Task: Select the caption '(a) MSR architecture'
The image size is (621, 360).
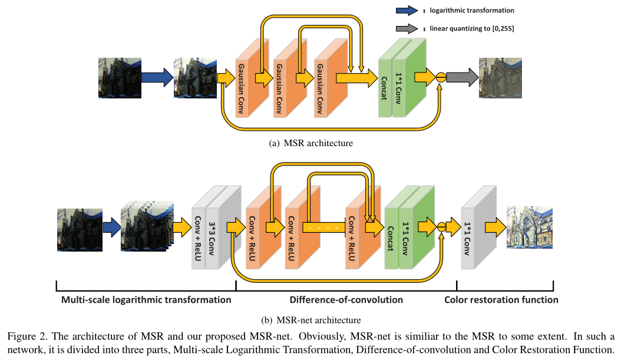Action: [x=310, y=143]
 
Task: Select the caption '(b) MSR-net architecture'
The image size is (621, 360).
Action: [x=310, y=321]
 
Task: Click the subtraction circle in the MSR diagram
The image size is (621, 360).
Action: [x=440, y=77]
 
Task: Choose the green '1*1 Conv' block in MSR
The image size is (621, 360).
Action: [x=407, y=80]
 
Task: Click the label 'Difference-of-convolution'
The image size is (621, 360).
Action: [x=346, y=299]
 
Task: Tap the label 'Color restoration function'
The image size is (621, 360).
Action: [x=501, y=299]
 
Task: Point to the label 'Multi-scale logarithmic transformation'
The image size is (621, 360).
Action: [x=146, y=299]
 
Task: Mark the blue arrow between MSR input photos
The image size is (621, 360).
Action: [x=157, y=77]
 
